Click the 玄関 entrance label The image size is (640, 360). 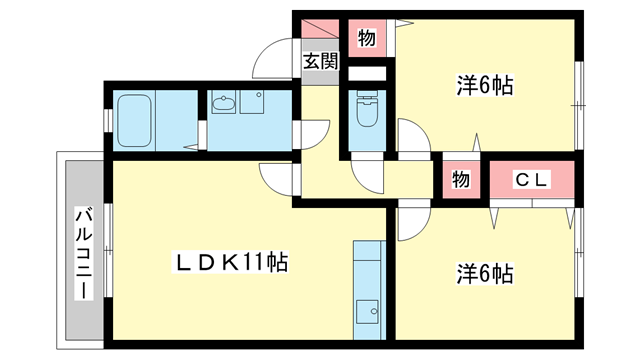pos(321,61)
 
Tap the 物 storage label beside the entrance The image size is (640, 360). pos(367,39)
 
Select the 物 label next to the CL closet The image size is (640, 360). pos(460,180)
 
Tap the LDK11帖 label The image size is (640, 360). pos(233,263)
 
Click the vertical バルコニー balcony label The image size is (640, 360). pos(84,250)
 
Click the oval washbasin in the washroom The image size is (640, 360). pos(223,102)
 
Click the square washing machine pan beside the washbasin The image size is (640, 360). pos(251,104)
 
